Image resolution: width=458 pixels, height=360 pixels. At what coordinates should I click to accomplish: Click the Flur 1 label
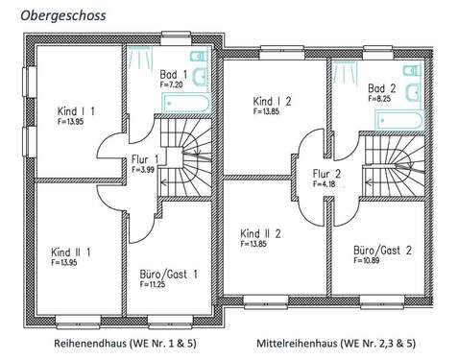tap(144, 158)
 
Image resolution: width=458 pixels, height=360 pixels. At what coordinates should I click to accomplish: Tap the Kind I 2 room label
tap(273, 101)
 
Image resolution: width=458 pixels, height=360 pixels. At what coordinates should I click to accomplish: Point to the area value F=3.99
tap(142, 170)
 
